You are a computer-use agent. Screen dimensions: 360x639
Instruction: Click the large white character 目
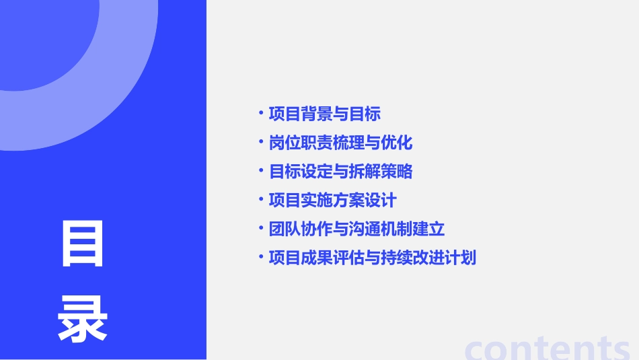(x=83, y=244)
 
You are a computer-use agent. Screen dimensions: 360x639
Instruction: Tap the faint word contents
(x=548, y=347)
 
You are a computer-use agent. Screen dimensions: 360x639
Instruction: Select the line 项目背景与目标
(x=325, y=114)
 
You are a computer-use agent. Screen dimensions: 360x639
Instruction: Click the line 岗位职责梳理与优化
(x=340, y=143)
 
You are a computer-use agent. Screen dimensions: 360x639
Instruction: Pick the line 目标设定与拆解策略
(x=340, y=172)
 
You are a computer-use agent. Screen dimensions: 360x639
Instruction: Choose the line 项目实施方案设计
(x=332, y=201)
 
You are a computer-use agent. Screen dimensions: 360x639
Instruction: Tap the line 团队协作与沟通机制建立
(x=356, y=229)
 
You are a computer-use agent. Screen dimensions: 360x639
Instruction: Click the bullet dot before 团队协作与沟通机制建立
(x=262, y=227)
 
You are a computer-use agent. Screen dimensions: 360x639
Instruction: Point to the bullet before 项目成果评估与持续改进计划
(x=262, y=256)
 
